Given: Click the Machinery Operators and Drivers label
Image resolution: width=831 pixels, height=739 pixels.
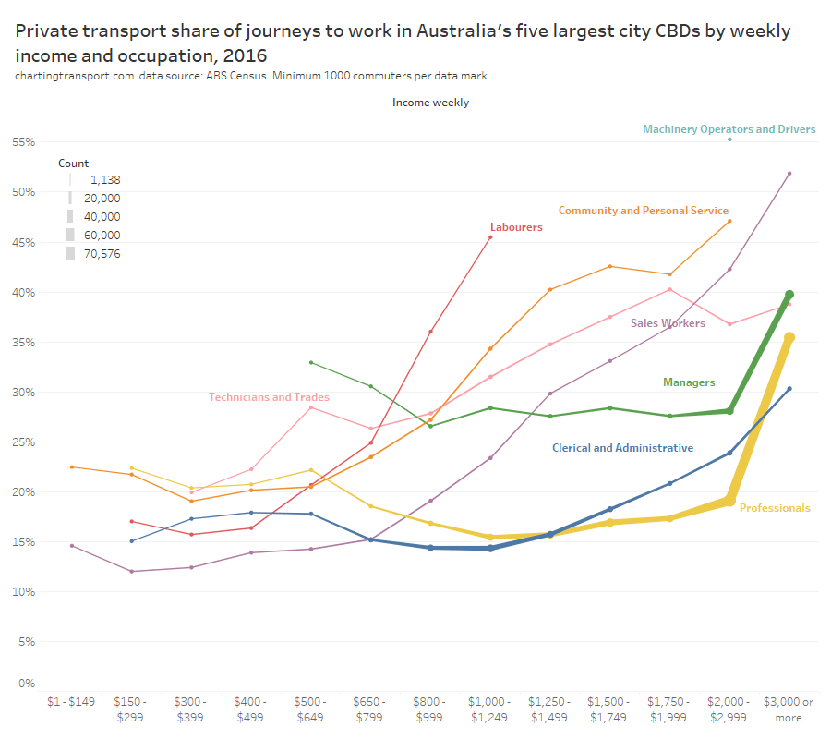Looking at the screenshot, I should [729, 129].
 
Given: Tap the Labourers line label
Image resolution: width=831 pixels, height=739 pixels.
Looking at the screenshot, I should [516, 227].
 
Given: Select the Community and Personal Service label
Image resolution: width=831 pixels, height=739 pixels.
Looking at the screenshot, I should [643, 211].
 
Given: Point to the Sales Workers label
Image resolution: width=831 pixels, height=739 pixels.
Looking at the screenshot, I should [668, 323].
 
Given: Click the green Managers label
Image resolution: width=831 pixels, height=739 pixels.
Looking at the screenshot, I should [689, 382].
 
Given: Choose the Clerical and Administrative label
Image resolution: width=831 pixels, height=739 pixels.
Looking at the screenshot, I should [622, 448].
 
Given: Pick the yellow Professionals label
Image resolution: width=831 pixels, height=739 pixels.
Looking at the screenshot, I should [775, 508].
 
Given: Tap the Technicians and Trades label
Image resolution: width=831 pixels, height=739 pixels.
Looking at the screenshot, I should [269, 397].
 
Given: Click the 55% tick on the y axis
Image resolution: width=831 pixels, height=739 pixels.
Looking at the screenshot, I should [23, 142].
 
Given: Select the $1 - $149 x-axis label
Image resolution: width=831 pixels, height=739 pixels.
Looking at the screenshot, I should [72, 702].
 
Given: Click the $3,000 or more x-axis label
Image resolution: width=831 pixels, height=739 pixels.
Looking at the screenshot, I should [789, 709].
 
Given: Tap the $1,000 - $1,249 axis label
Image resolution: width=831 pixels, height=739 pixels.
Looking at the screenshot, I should [490, 709].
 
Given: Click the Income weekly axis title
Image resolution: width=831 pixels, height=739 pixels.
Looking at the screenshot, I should [430, 103].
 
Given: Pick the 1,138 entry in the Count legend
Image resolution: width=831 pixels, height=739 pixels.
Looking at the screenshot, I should [105, 180].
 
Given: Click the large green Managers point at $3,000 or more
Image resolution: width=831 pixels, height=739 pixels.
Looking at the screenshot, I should [789, 295].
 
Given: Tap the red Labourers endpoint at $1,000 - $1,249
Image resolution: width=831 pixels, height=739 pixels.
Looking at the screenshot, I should [490, 237].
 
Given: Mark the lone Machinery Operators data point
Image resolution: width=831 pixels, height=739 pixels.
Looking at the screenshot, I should [729, 139].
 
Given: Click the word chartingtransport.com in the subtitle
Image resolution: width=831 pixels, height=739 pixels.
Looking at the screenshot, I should [74, 76].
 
